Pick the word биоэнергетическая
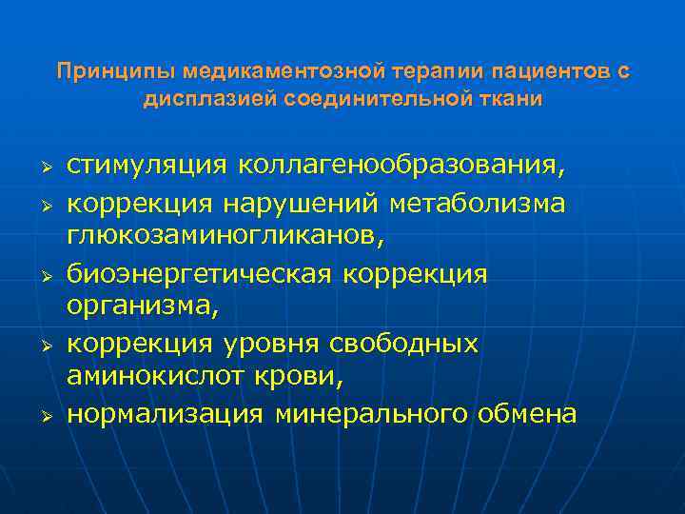199,273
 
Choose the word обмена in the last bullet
527,414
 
